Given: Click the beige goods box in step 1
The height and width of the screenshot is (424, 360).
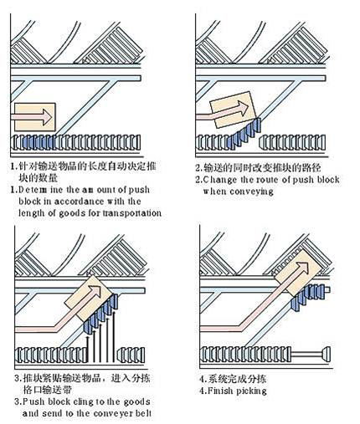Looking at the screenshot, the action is coord(35,117).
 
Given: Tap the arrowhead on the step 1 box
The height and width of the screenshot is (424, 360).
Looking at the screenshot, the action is coord(47,117).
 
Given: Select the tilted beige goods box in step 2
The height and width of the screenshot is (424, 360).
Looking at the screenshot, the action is coord(233,110).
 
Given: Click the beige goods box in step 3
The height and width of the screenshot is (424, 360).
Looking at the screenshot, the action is coord(90,298).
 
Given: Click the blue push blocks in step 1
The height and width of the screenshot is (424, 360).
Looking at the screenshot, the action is coord(38,142).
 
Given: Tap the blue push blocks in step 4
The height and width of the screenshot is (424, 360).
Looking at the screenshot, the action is coord(307,298).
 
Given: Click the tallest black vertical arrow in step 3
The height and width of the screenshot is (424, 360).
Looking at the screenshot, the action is coord(114,336).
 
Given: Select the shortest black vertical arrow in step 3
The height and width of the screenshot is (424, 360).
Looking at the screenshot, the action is coord(88,349).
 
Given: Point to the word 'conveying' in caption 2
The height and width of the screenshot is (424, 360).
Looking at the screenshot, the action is coord(251,192).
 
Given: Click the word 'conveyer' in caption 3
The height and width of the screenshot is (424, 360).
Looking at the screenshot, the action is coord(114,413).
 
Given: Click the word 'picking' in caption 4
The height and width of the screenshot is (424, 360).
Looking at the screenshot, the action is coord(251,391).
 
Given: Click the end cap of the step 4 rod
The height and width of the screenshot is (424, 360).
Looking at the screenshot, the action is coord(326,354).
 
